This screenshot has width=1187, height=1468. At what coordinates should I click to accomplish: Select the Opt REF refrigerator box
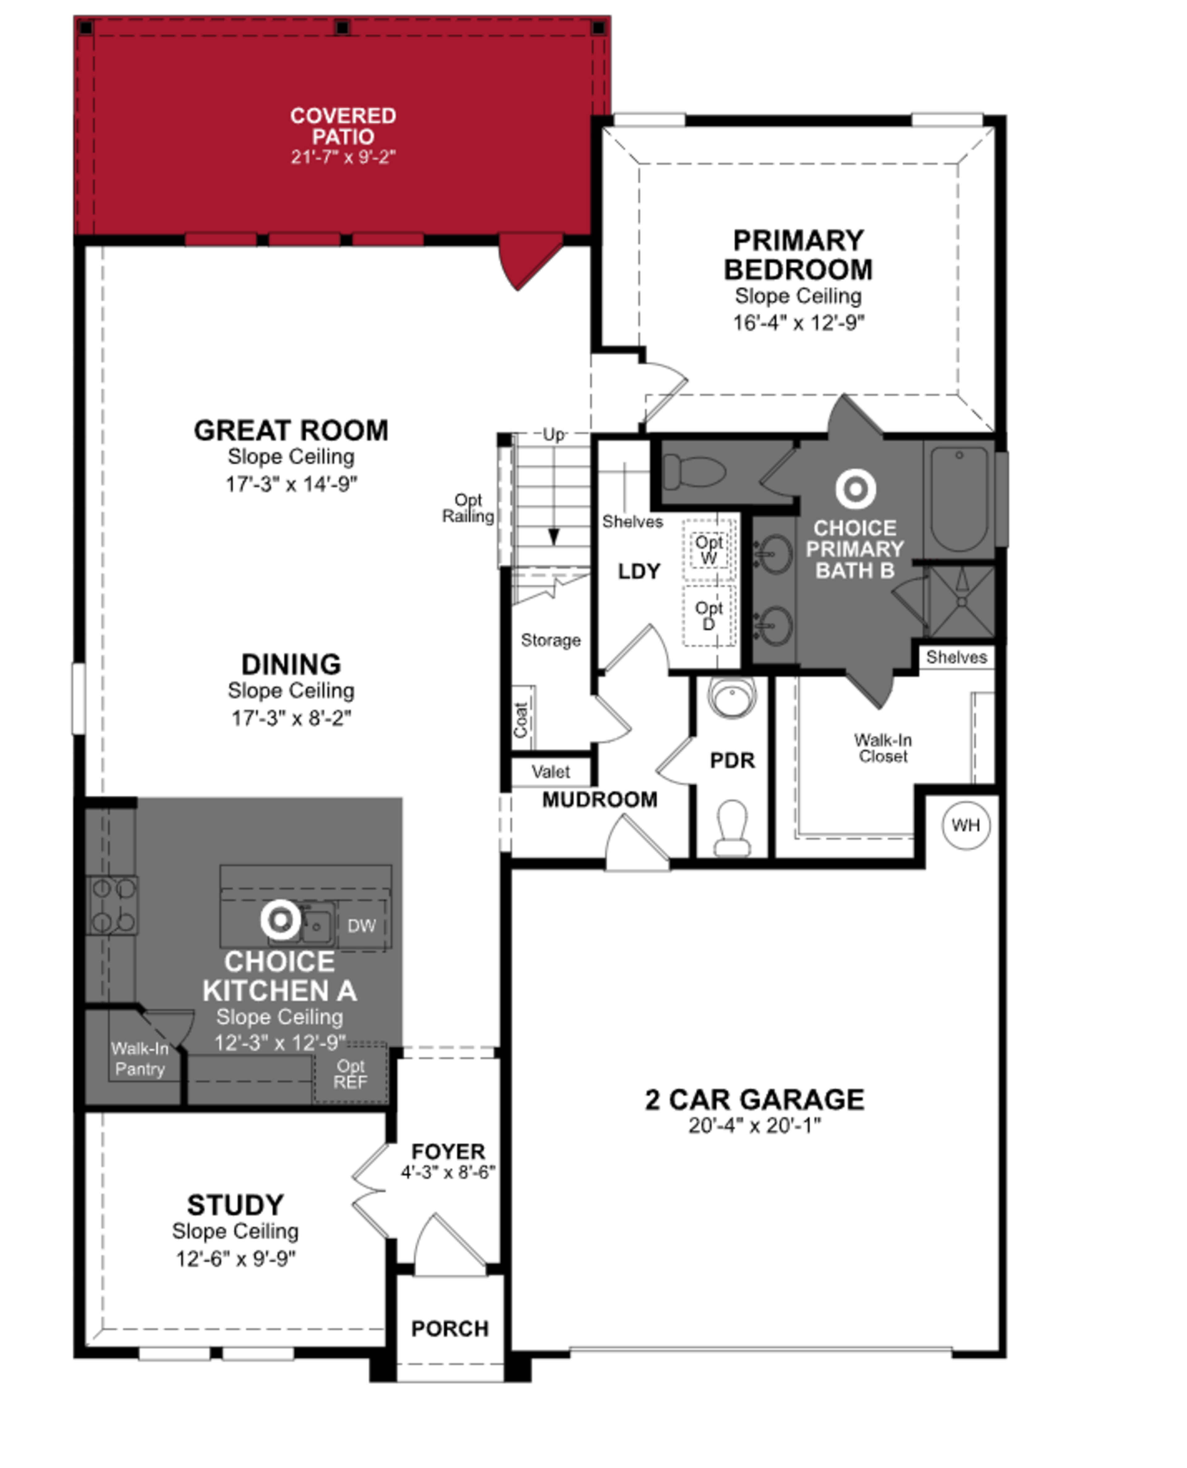click(x=350, y=1073)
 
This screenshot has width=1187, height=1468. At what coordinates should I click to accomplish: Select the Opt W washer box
click(x=709, y=550)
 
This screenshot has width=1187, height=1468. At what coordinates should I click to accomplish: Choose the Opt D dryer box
click(x=709, y=615)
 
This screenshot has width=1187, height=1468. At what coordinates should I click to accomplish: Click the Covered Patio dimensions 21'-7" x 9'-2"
click(x=343, y=156)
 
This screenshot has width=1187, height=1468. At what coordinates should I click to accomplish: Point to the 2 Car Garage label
click(x=754, y=1099)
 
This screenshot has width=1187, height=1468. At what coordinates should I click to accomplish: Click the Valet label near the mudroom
click(x=551, y=772)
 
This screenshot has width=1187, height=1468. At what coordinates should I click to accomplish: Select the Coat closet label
click(x=522, y=719)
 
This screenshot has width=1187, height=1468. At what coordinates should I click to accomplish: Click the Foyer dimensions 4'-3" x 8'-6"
click(x=448, y=1172)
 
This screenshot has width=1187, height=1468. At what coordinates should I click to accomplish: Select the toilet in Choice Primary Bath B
click(x=694, y=472)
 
